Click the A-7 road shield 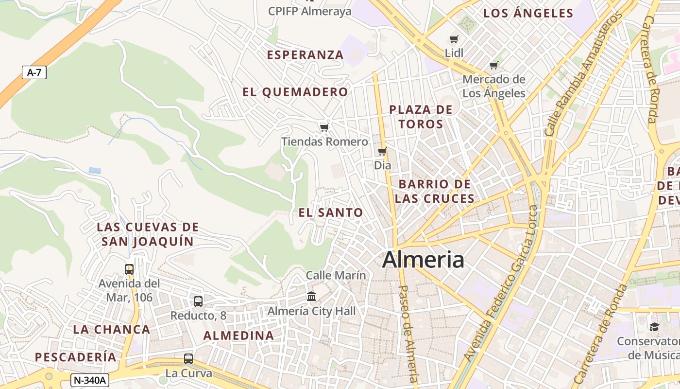(x=34, y=73)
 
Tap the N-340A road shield (x=89, y=380)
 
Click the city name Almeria (x=423, y=260)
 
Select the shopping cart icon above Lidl (x=454, y=39)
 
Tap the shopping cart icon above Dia (x=382, y=152)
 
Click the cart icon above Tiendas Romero (x=324, y=127)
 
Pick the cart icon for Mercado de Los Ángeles (x=494, y=65)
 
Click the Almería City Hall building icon (x=311, y=296)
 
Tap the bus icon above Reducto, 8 (x=198, y=301)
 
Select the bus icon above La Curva (x=188, y=359)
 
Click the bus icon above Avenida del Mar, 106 (x=129, y=269)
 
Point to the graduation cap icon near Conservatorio (x=654, y=327)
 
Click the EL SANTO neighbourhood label (x=331, y=212)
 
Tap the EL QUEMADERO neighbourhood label (x=295, y=92)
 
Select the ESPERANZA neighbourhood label (x=306, y=55)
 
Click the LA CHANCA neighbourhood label (x=111, y=329)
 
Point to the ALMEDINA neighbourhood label (x=238, y=336)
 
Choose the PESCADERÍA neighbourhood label (x=76, y=357)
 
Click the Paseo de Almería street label (x=408, y=334)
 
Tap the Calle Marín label (x=336, y=275)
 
